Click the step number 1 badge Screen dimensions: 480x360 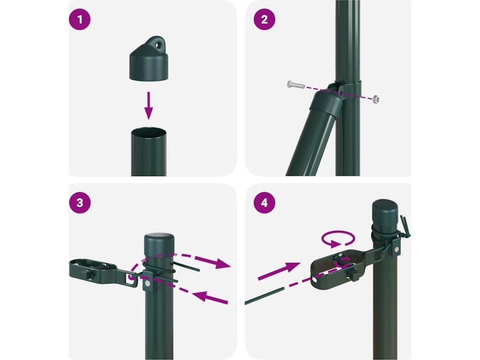80,20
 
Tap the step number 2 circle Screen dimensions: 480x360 264,20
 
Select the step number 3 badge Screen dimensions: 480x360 80,202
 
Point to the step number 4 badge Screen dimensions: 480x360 264,202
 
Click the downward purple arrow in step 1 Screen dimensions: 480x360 149,105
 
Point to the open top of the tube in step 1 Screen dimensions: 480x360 149,134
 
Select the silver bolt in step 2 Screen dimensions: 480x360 296,84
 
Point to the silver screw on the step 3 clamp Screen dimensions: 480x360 148,284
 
